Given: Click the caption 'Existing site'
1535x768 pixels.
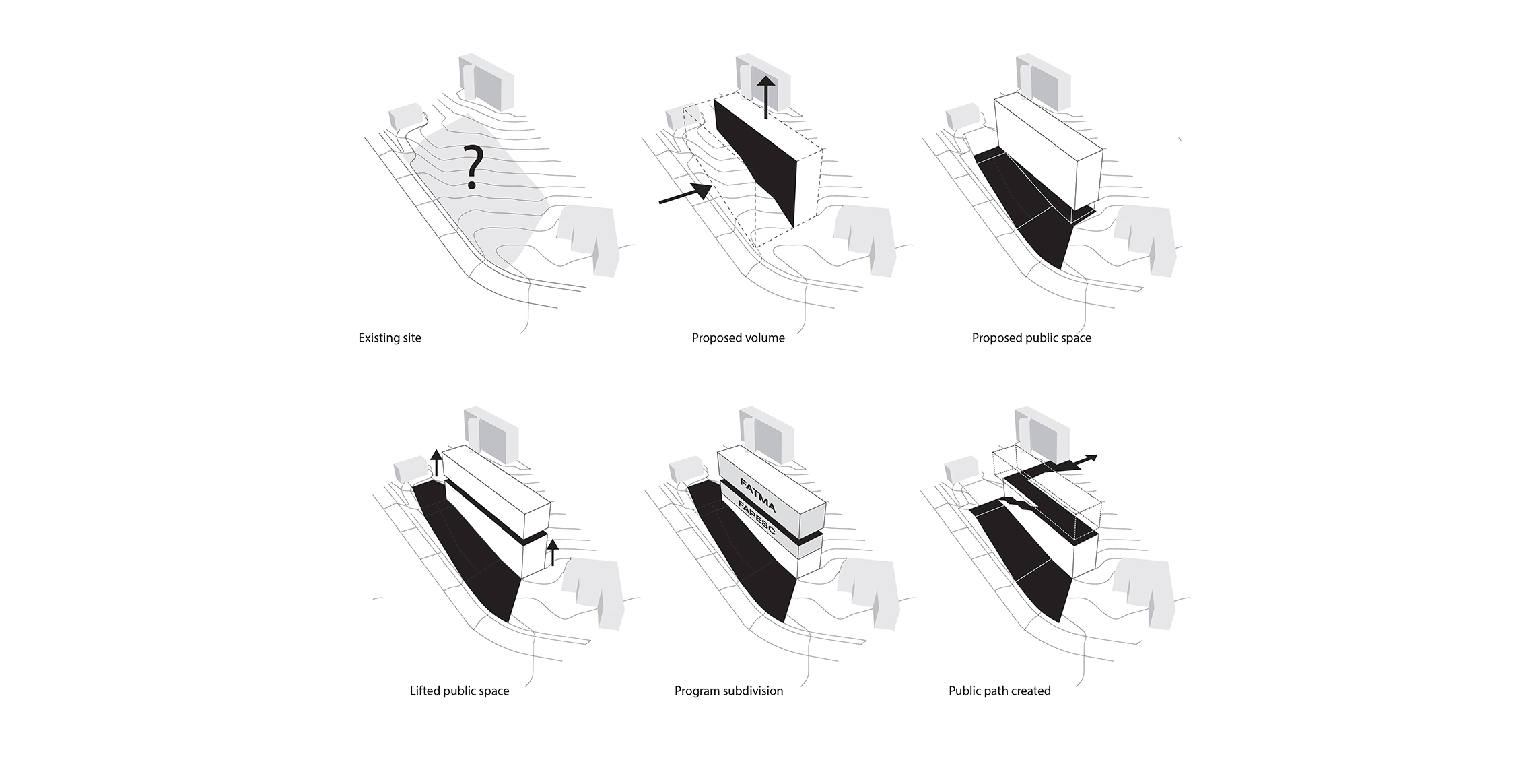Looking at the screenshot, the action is click(390, 338).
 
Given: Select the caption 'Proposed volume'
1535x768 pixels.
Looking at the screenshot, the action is click(739, 338).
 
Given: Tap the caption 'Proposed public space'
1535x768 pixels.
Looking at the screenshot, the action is click(1031, 338).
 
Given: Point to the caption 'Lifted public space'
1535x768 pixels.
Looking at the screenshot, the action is click(460, 691).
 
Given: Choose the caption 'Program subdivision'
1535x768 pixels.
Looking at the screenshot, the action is click(729, 691).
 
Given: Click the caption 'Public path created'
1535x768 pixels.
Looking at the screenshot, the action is click(1000, 691).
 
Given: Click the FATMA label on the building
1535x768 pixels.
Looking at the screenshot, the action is click(758, 494).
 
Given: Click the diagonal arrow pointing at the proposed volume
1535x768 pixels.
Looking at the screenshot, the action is click(685, 193).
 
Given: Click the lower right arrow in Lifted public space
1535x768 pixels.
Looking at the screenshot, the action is click(553, 552).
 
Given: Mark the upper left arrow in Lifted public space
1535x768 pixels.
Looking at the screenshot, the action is click(436, 463).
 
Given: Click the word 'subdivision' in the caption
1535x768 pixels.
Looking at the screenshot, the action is click(751, 691).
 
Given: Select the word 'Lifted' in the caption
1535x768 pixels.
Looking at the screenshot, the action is click(425, 691).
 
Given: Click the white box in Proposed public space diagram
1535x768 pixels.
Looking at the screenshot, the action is click(1049, 151).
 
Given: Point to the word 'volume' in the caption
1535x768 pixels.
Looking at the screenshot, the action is click(763, 338).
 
